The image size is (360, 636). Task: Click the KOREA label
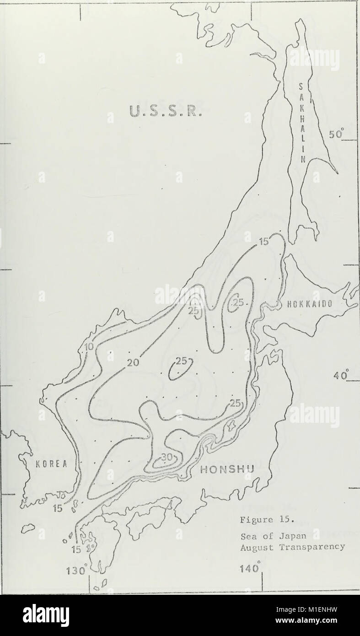50,463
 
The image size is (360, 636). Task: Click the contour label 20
133,363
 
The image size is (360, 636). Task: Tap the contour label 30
167,458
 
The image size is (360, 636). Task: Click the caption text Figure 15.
259,520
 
